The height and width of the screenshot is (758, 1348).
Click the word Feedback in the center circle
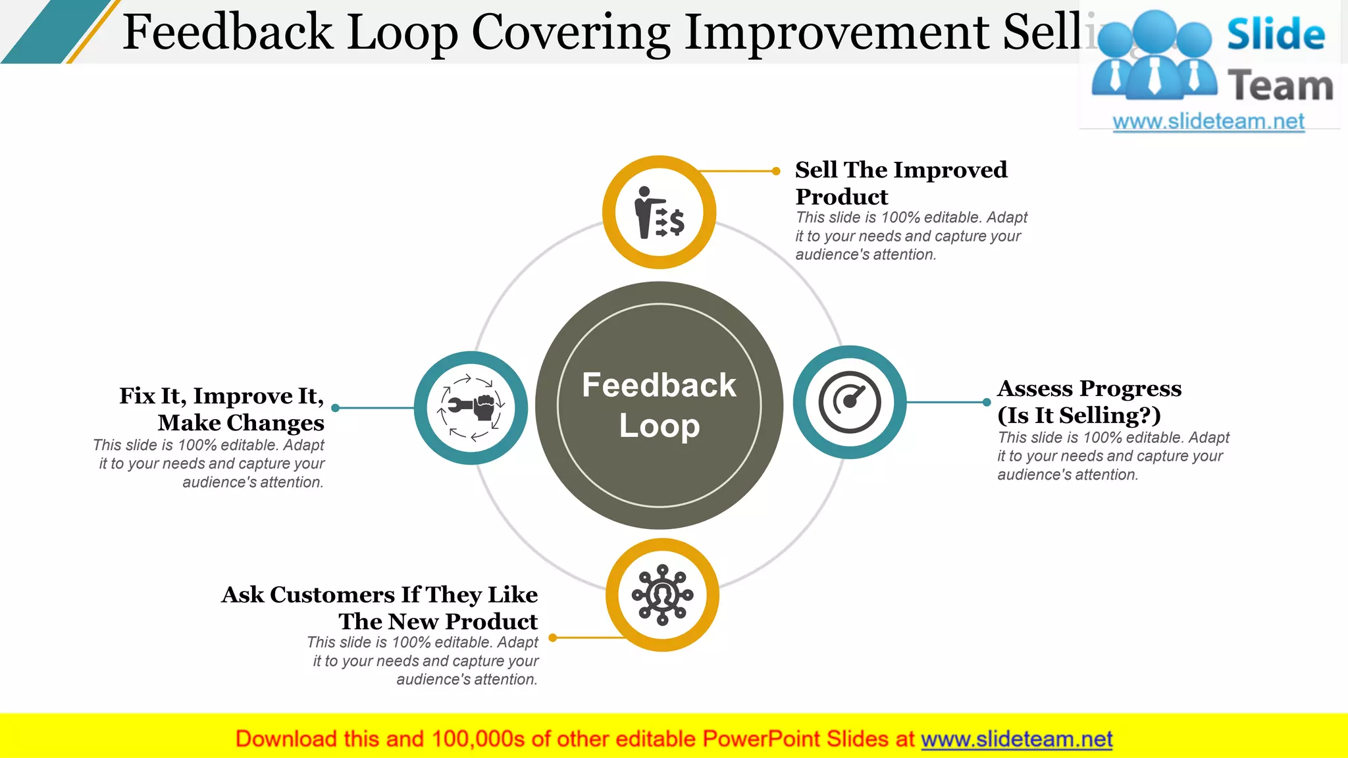click(659, 385)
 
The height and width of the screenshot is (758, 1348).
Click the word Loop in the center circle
click(659, 426)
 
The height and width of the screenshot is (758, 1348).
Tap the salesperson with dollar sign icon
click(659, 212)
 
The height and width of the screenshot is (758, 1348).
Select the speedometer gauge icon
click(850, 402)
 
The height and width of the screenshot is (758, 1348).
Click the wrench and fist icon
click(471, 407)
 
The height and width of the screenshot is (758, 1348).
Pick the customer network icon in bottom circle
click(662, 595)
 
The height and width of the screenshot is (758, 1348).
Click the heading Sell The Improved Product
click(900, 182)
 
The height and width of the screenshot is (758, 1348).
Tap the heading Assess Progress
click(1089, 389)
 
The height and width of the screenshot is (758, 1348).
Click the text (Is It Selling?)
click(1079, 416)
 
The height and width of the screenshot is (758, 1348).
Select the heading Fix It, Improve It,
click(221, 396)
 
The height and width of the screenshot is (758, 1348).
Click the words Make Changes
click(241, 423)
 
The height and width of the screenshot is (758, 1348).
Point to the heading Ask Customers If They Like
click(380, 595)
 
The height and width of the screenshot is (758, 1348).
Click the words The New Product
click(438, 622)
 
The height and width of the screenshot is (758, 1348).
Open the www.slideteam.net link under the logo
click(1208, 122)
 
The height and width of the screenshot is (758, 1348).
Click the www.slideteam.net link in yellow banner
click(1016, 740)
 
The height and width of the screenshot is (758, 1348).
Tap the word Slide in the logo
click(1276, 34)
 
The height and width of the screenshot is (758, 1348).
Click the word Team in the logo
click(1280, 86)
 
